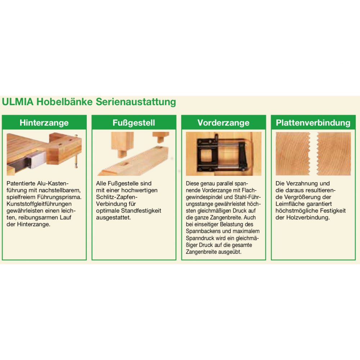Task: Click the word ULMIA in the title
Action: (18, 102)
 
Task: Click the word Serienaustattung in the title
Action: (136, 102)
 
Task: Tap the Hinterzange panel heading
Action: (44, 123)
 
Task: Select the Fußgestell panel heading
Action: (134, 123)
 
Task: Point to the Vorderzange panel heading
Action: (224, 123)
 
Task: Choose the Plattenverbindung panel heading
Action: (313, 123)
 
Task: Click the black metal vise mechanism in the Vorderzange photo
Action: (221, 153)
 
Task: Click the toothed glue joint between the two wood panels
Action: (314, 154)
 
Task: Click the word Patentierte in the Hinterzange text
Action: (21, 184)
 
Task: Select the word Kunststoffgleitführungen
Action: (39, 204)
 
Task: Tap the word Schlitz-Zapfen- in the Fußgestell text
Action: (117, 197)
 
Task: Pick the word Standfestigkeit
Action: (141, 211)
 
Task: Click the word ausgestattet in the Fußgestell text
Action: (113, 217)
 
